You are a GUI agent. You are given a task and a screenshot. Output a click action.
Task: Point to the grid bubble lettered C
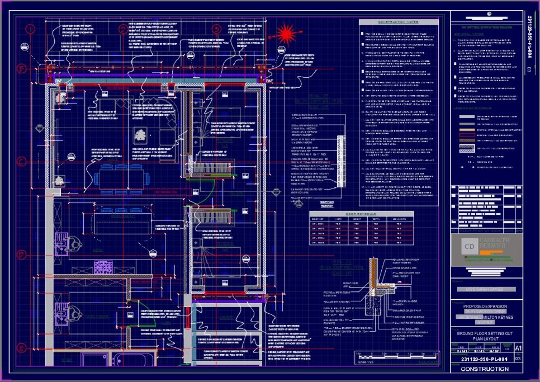[x=22, y=162]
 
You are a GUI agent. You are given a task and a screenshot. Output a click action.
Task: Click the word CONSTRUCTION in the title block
[x=485, y=369]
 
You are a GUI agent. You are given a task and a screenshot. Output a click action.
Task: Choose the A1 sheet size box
[x=517, y=348]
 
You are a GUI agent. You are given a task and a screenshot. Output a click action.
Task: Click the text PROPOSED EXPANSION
[x=485, y=307]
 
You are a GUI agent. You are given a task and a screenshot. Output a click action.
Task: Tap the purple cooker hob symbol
[x=104, y=267]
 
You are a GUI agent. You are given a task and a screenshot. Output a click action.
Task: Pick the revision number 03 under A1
[x=517, y=359]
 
